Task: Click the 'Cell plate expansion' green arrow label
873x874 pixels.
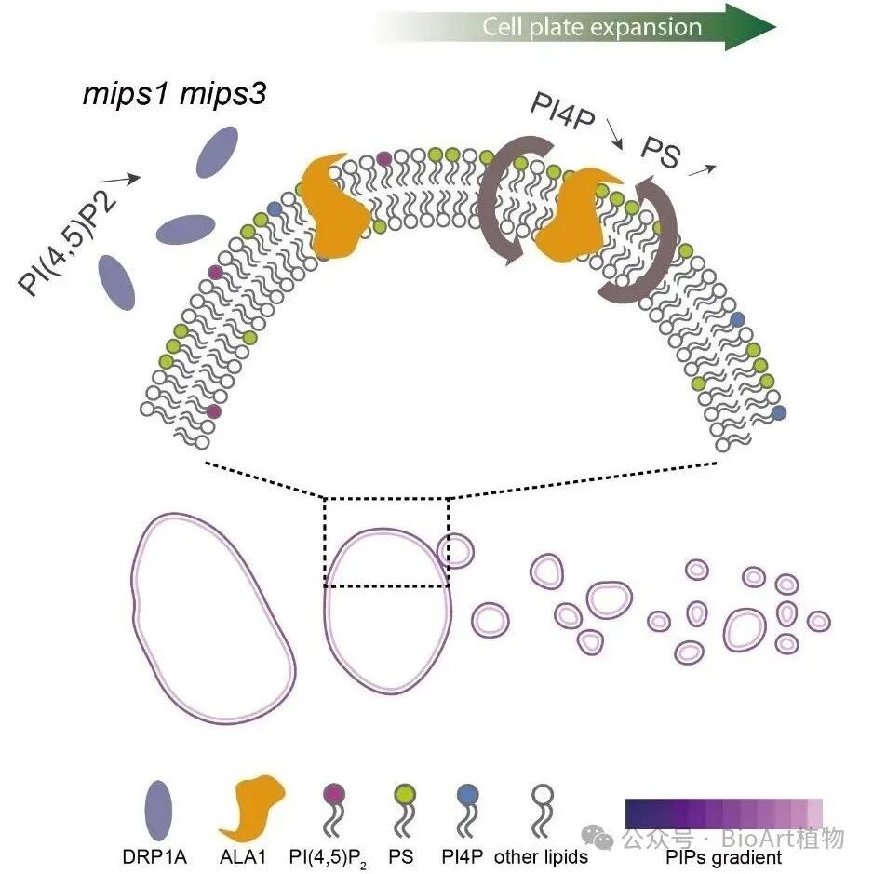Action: point(592,27)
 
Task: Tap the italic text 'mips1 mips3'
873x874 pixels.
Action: point(174,94)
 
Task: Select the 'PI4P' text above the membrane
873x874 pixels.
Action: point(562,112)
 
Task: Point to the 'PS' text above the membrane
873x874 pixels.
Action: point(661,152)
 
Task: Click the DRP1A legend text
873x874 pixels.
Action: point(154,856)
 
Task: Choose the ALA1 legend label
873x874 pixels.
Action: point(243,856)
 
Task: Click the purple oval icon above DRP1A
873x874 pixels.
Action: point(158,810)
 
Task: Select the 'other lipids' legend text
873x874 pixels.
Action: point(541,856)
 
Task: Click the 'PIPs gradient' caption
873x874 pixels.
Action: point(723,856)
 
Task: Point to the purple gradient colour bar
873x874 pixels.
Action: point(723,813)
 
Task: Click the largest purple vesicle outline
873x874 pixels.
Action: point(212,618)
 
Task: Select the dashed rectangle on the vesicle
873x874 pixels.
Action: point(386,498)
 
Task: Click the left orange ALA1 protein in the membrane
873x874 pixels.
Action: point(334,207)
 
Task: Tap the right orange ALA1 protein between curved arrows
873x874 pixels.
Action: point(573,215)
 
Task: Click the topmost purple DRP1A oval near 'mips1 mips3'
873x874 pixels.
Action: point(218,152)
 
